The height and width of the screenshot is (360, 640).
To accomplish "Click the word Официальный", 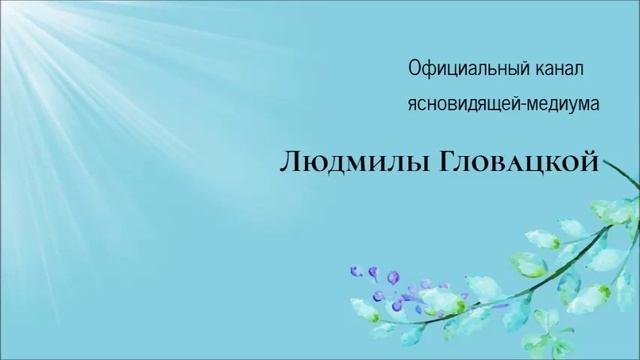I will (x=468, y=69).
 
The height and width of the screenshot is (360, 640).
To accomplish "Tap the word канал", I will (x=556, y=69).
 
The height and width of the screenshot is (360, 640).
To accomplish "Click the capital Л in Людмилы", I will (x=287, y=161).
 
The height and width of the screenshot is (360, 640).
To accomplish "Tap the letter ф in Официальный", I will (x=428, y=70).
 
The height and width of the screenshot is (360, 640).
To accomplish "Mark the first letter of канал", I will (x=536, y=70).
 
